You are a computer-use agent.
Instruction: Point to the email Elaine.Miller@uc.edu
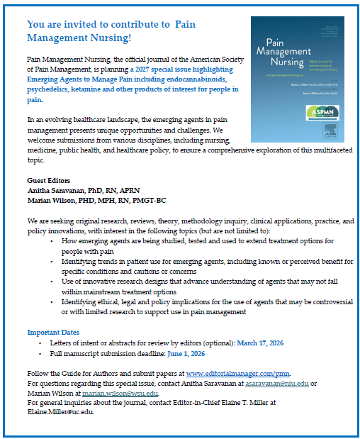point(60,413)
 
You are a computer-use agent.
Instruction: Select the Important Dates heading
point(54,332)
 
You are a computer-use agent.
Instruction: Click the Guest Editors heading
point(48,181)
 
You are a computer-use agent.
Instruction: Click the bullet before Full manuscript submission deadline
point(43,353)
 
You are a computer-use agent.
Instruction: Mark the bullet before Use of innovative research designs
point(54,282)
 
